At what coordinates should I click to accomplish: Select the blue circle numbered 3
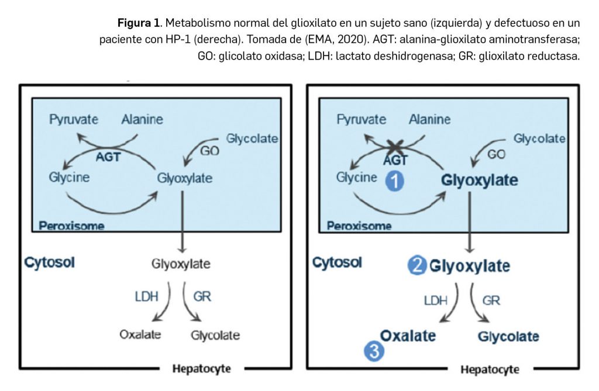point(374,351)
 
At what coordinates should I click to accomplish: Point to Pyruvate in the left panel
point(74,120)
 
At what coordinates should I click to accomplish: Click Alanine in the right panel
point(430,120)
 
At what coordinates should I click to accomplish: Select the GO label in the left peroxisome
point(209,151)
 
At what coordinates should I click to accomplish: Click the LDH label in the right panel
point(436,300)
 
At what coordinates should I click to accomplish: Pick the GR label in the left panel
point(202,296)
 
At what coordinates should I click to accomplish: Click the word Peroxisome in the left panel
point(71,226)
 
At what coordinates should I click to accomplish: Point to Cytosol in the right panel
point(337,262)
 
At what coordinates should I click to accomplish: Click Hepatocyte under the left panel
point(201,369)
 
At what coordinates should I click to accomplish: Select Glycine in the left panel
point(70,177)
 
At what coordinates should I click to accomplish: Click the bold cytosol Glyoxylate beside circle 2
point(470,267)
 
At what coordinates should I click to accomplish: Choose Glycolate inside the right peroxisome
point(539,139)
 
